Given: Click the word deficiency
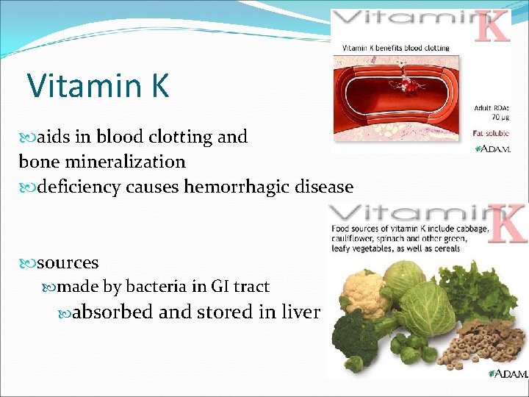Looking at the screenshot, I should click(x=80, y=187).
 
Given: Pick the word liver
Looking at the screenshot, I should click(x=300, y=312).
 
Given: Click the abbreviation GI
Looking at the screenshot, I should click(x=220, y=287).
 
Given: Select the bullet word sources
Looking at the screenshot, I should click(x=68, y=262).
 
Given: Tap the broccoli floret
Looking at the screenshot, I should click(x=356, y=335).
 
